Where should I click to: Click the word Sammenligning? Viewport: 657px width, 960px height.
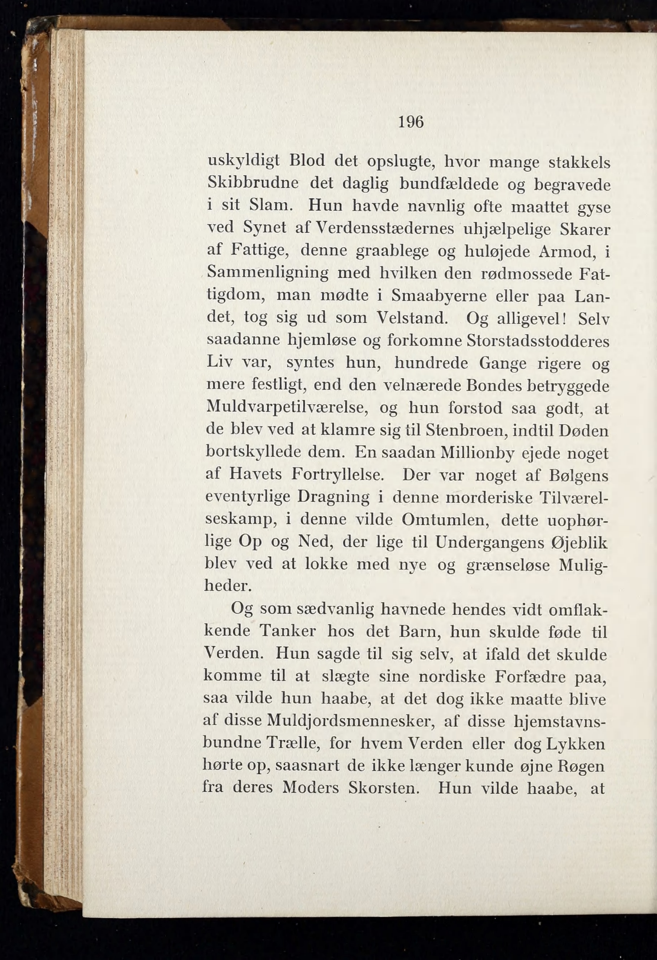point(267,273)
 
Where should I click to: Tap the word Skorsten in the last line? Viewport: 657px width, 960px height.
point(384,788)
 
